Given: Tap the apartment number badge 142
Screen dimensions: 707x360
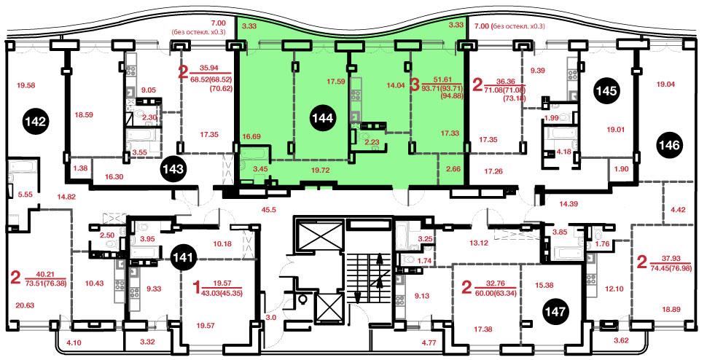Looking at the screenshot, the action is [x=36, y=121].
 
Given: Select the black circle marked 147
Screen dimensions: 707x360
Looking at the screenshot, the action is [x=555, y=311].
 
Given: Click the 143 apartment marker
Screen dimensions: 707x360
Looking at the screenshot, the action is [x=174, y=169].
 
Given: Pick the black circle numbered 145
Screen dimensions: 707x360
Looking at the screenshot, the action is [x=606, y=91].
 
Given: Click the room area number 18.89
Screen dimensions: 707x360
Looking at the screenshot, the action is [x=658, y=310].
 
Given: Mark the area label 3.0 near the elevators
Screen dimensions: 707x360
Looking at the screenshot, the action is [x=270, y=318].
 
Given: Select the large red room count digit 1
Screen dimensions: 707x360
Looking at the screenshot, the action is [x=196, y=286].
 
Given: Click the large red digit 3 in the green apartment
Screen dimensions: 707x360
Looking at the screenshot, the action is [x=415, y=85].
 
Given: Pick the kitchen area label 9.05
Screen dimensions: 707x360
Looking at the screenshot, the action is [x=148, y=90].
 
